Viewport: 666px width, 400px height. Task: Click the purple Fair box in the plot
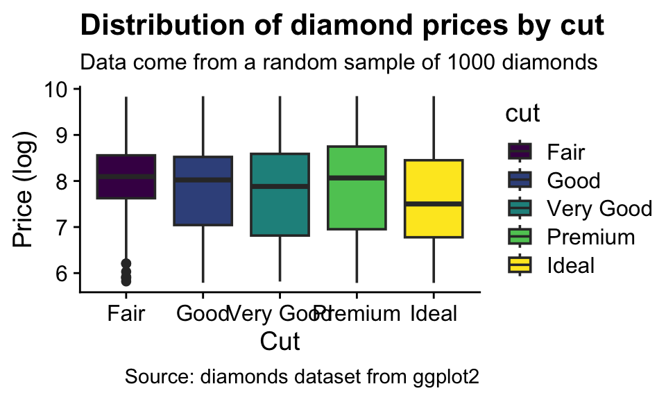coord(126,167)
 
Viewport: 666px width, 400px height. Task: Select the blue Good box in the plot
coord(203,201)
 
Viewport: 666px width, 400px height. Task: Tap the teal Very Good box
coord(280,208)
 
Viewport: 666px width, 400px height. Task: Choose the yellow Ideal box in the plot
coord(434,222)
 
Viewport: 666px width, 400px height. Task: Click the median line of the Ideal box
coord(434,203)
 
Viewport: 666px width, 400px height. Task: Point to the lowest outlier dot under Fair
coord(126,281)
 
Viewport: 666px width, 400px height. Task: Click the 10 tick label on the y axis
coord(58,90)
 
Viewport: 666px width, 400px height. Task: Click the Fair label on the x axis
coord(126,314)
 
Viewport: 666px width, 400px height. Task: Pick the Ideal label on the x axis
coord(434,314)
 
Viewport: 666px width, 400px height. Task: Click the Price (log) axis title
coord(25,189)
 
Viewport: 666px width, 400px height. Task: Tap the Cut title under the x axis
coord(280,342)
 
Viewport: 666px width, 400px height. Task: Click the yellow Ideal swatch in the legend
coord(520,265)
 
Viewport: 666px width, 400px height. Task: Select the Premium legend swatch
coord(520,236)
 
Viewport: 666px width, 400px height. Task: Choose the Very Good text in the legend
coord(599,208)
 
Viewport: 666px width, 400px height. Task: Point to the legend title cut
coord(523,114)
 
